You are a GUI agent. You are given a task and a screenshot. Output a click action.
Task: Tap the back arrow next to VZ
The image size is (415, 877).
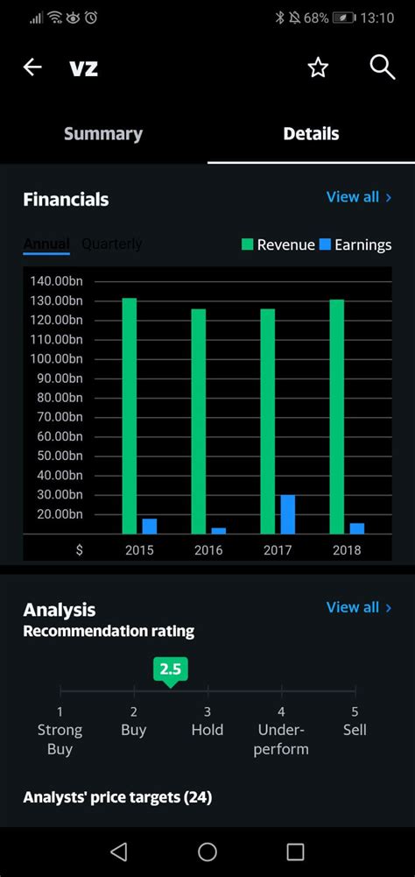(32, 67)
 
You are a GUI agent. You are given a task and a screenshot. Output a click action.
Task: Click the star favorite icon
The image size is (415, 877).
(318, 67)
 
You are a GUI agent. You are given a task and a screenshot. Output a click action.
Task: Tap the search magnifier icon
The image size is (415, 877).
(383, 67)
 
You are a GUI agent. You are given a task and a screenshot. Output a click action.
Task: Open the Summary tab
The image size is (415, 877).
(103, 134)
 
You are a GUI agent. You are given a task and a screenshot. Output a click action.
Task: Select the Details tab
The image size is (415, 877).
(311, 134)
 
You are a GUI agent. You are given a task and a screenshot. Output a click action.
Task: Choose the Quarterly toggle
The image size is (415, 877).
(111, 244)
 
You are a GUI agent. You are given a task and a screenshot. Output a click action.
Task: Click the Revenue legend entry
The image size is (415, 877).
(278, 245)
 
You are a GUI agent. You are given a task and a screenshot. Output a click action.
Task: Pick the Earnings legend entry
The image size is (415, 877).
(355, 245)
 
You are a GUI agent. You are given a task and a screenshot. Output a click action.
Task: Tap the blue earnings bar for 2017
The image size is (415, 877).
(287, 514)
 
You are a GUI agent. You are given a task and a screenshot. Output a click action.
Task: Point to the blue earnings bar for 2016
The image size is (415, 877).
(219, 530)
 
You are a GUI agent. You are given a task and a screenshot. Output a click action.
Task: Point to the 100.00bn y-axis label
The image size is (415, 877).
(55, 358)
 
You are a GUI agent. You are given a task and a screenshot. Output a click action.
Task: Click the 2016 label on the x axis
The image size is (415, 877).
(207, 550)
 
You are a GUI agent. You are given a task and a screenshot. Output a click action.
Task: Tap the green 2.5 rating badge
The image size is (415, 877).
(170, 670)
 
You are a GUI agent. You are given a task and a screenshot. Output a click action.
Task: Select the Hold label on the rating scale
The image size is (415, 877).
(207, 730)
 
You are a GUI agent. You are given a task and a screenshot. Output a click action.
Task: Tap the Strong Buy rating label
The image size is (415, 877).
(60, 739)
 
